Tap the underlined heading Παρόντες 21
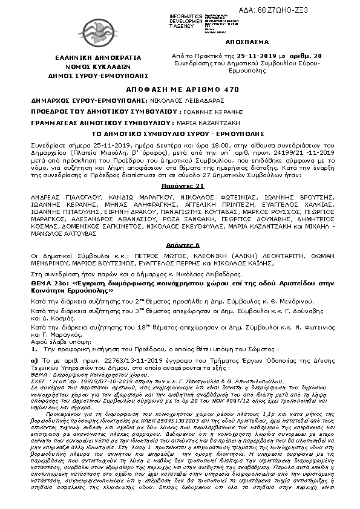(180, 171)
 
